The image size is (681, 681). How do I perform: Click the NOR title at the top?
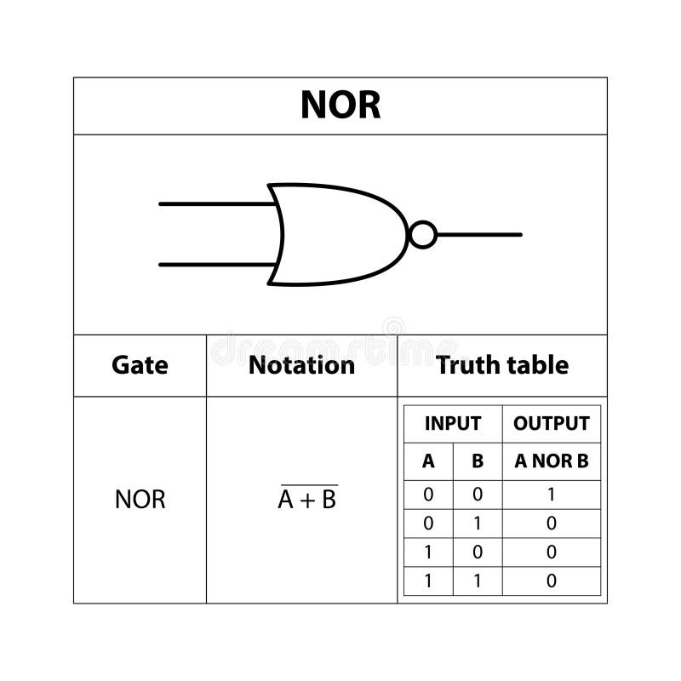point(340,106)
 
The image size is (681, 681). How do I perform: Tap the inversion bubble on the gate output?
point(423,234)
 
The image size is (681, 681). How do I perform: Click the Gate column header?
point(140,365)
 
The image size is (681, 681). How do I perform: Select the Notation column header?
point(301,365)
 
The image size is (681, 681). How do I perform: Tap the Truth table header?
point(502,365)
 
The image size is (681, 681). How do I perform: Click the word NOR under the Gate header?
point(140,500)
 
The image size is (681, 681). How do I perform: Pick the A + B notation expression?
point(307,500)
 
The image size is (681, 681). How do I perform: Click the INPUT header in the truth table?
point(452,423)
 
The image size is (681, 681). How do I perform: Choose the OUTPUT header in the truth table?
point(551,423)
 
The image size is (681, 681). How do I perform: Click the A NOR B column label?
point(551,461)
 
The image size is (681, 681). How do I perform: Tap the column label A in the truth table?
point(428,461)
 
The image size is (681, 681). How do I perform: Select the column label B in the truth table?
point(478,461)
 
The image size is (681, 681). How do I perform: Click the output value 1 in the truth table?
point(551,495)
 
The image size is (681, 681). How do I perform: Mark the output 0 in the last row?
point(551,581)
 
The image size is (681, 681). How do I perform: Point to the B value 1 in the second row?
point(478,524)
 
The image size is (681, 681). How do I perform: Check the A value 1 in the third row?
point(428,552)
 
